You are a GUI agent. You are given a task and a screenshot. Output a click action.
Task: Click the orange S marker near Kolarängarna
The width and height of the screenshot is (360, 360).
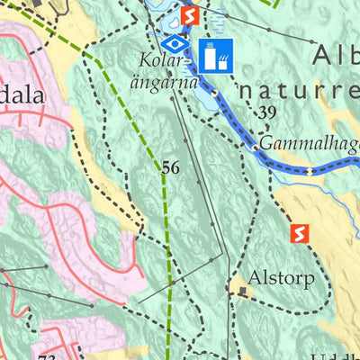189,16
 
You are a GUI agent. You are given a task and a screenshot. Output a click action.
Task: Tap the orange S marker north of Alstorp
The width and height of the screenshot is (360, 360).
300,233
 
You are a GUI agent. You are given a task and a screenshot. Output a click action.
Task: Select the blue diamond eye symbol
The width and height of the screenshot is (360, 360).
176,45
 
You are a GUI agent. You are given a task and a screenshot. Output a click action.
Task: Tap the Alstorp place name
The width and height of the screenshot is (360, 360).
282,279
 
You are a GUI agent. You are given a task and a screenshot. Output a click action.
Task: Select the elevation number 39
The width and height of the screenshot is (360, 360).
265,113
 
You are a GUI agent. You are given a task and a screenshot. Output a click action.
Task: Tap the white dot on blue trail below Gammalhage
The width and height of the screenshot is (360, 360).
308,170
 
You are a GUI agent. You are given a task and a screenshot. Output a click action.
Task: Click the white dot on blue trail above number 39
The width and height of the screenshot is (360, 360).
215,92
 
